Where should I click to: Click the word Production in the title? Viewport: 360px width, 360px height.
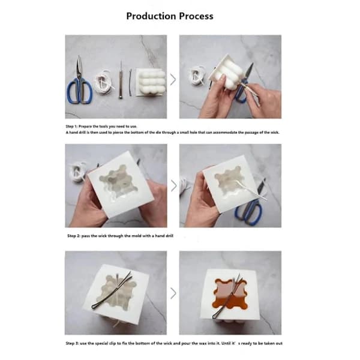(x=151, y=16)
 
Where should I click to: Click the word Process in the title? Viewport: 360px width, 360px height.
(x=196, y=16)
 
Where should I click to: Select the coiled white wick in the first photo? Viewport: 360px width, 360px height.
(x=104, y=82)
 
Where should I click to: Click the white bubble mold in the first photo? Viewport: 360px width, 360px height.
(x=151, y=82)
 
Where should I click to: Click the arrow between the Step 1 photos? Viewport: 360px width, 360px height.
(x=173, y=79)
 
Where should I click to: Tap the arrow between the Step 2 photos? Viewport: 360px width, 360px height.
(x=174, y=185)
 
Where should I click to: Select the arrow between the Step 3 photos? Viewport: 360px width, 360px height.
(x=173, y=293)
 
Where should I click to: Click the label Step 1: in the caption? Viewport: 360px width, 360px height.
(x=71, y=126)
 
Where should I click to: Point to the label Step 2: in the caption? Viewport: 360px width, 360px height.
(x=73, y=236)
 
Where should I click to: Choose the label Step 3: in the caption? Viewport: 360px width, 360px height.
(x=72, y=343)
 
